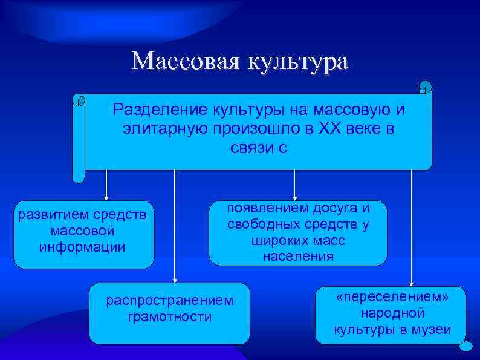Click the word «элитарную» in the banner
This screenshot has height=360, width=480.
pos(162,129)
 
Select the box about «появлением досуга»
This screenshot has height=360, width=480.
pos(297,233)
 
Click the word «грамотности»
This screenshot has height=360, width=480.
pos(169,316)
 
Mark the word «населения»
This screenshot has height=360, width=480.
pos(297,256)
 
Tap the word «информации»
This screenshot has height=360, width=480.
pos(82,247)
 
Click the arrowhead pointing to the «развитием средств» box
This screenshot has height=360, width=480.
pos(106,197)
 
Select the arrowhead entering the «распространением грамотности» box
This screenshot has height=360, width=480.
pos(175,280)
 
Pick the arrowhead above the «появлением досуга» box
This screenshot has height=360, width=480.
pos(294,197)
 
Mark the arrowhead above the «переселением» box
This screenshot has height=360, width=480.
pos(411,283)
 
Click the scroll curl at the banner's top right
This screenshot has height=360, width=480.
pos(425,87)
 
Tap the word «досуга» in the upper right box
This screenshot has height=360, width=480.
pos(334,208)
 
